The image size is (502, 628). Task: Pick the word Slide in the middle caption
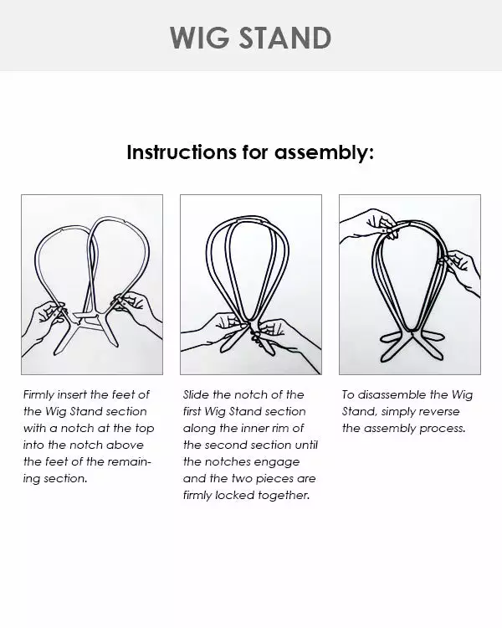click(197, 394)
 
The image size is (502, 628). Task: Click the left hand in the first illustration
click(49, 322)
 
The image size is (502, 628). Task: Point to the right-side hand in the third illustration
click(462, 270)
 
